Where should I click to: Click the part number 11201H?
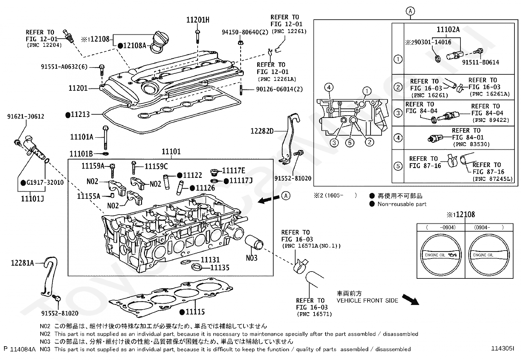(x=198, y=20)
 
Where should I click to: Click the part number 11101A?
(x=81, y=137)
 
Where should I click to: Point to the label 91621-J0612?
(x=26, y=116)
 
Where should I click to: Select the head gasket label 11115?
(x=195, y=312)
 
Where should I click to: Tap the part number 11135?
(x=220, y=268)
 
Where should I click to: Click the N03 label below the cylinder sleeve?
(x=252, y=258)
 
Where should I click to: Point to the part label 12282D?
(x=262, y=131)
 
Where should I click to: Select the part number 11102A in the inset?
(x=448, y=30)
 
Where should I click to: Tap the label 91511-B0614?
(x=480, y=62)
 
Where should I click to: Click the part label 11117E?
(x=233, y=170)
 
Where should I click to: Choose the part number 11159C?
(x=156, y=167)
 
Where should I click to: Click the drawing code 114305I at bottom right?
(x=502, y=349)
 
